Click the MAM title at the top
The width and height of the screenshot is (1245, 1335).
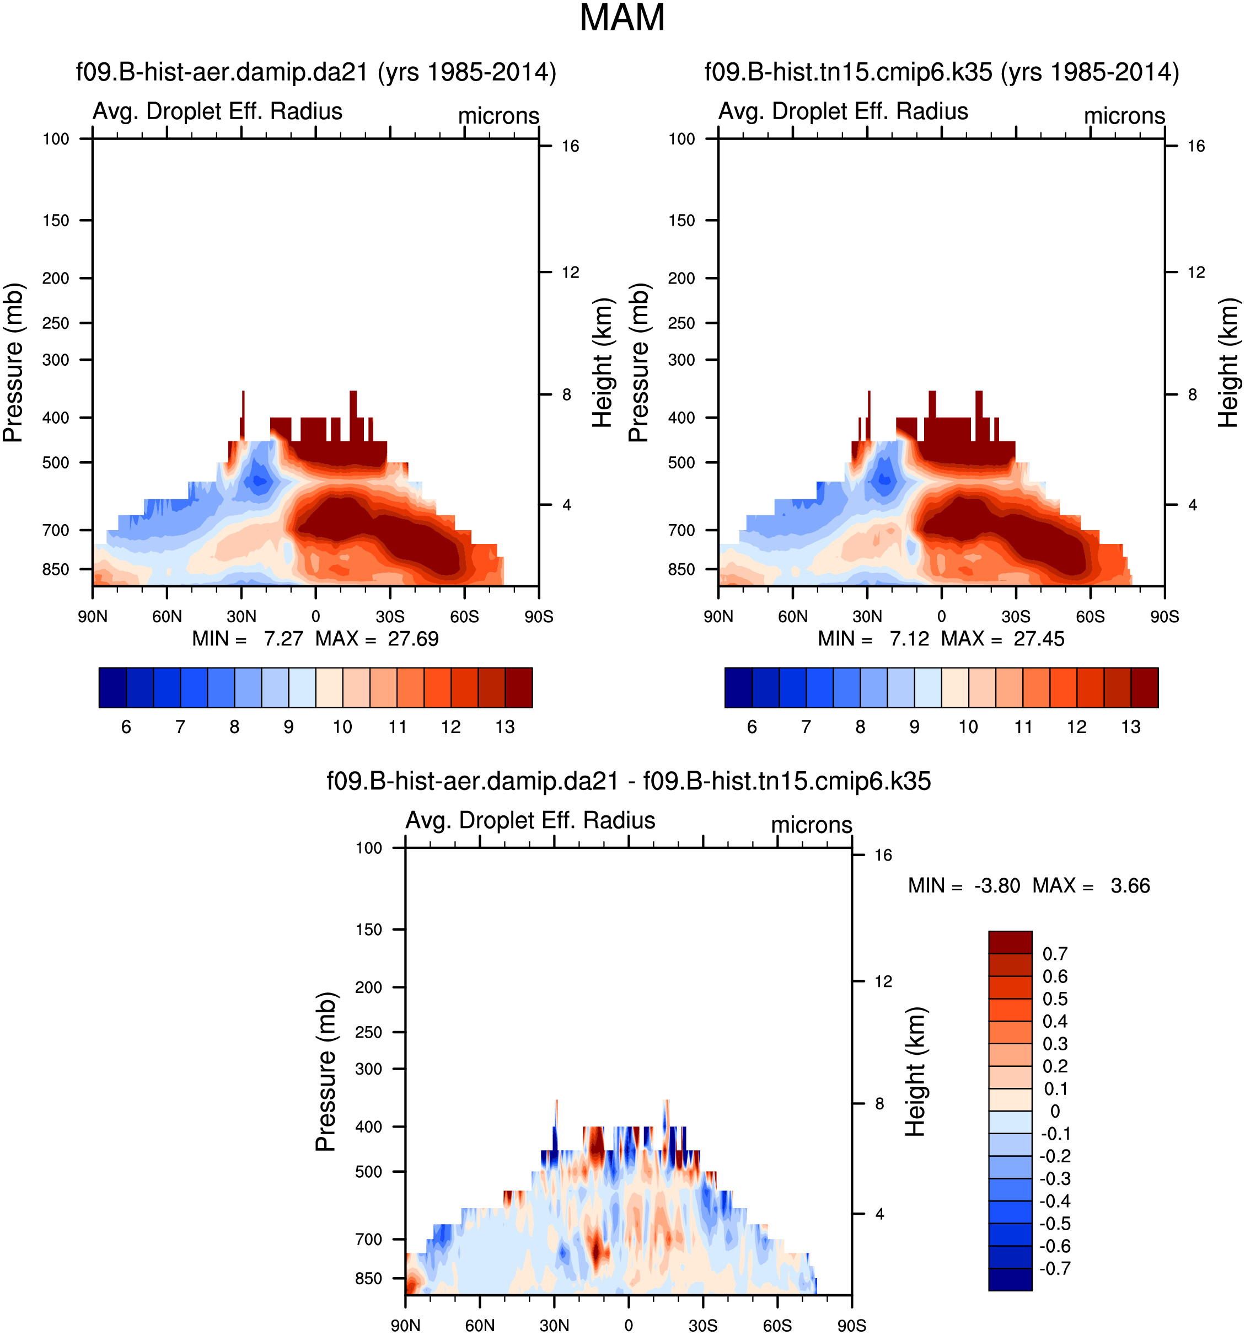(x=621, y=18)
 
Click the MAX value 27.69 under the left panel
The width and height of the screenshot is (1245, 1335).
(x=413, y=639)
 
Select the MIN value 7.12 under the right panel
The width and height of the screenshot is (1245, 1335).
(x=909, y=639)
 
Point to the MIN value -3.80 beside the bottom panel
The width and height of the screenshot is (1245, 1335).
(x=997, y=886)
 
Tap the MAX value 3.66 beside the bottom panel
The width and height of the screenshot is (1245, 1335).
(x=1130, y=886)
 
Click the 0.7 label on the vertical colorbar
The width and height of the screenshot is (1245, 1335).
(x=1054, y=954)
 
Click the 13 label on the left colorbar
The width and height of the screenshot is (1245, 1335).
(x=505, y=727)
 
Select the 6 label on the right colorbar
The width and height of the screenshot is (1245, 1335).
(x=752, y=727)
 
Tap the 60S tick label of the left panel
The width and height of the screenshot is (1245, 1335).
(x=464, y=616)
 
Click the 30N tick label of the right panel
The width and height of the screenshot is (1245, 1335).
(x=867, y=616)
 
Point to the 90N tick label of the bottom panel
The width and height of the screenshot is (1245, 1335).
(x=405, y=1326)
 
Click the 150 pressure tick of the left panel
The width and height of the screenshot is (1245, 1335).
(x=56, y=220)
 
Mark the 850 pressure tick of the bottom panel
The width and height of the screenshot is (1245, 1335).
(x=368, y=1279)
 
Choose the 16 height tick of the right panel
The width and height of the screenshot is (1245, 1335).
(x=1196, y=146)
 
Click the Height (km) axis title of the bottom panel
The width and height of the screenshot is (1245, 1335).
(x=915, y=1072)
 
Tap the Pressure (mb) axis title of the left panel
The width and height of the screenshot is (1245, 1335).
(x=13, y=362)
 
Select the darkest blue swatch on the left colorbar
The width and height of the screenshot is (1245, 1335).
(x=112, y=688)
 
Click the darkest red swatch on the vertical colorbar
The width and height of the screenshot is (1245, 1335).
(x=1010, y=942)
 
